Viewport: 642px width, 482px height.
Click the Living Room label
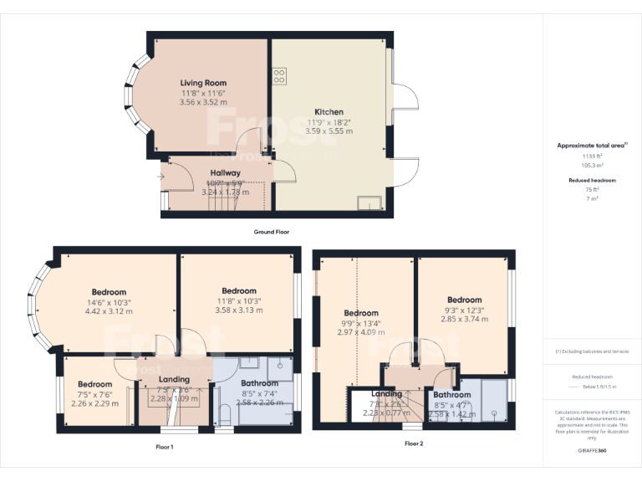point(204,83)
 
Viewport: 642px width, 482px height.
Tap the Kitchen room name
point(329,111)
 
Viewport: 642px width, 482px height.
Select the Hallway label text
point(226,173)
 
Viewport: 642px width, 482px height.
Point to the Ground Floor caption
point(272,232)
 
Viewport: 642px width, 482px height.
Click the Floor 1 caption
point(165,447)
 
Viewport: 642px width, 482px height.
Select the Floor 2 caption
point(414,444)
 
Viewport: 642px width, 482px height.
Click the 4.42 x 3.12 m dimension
point(109,311)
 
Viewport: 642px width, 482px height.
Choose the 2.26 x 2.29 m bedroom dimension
point(94,403)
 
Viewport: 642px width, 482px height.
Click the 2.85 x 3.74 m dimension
point(464,319)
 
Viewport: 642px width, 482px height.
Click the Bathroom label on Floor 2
point(452,395)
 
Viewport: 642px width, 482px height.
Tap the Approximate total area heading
point(591,146)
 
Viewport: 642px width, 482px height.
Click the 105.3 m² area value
point(592,165)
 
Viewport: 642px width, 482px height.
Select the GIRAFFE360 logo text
point(593,450)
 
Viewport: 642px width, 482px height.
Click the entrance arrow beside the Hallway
point(160,177)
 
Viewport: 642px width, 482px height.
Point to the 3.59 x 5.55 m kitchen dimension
point(329,131)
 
